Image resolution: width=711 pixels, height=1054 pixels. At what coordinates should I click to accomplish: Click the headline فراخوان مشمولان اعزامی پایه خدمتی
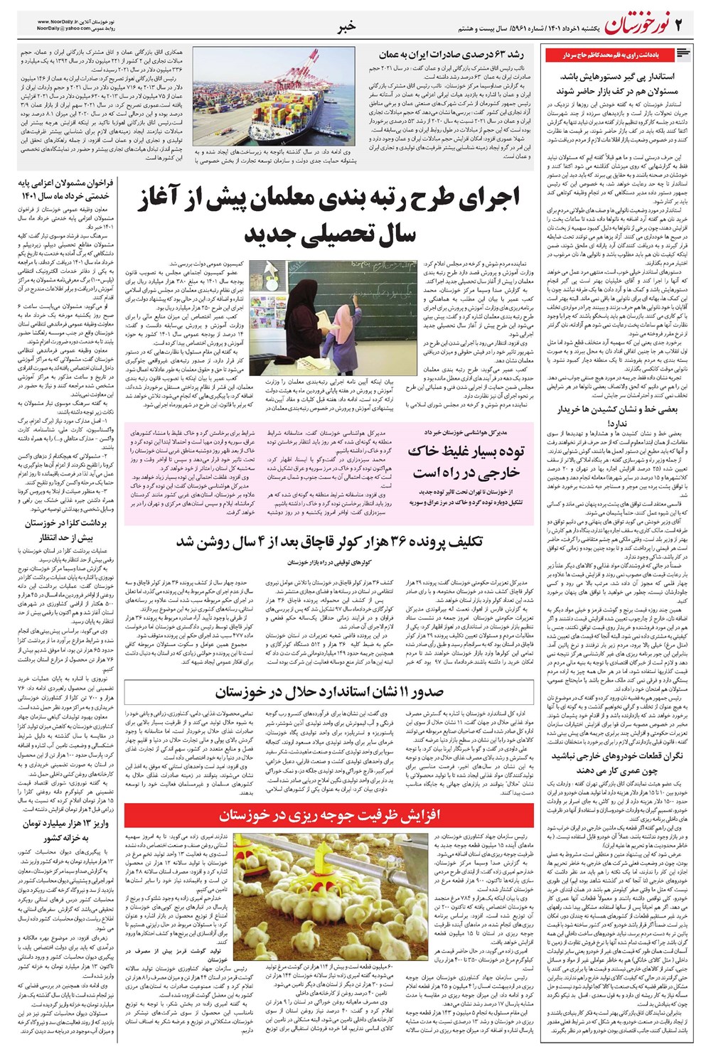[66, 189]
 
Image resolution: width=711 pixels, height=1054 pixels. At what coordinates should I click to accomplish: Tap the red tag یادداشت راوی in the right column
[611, 54]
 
